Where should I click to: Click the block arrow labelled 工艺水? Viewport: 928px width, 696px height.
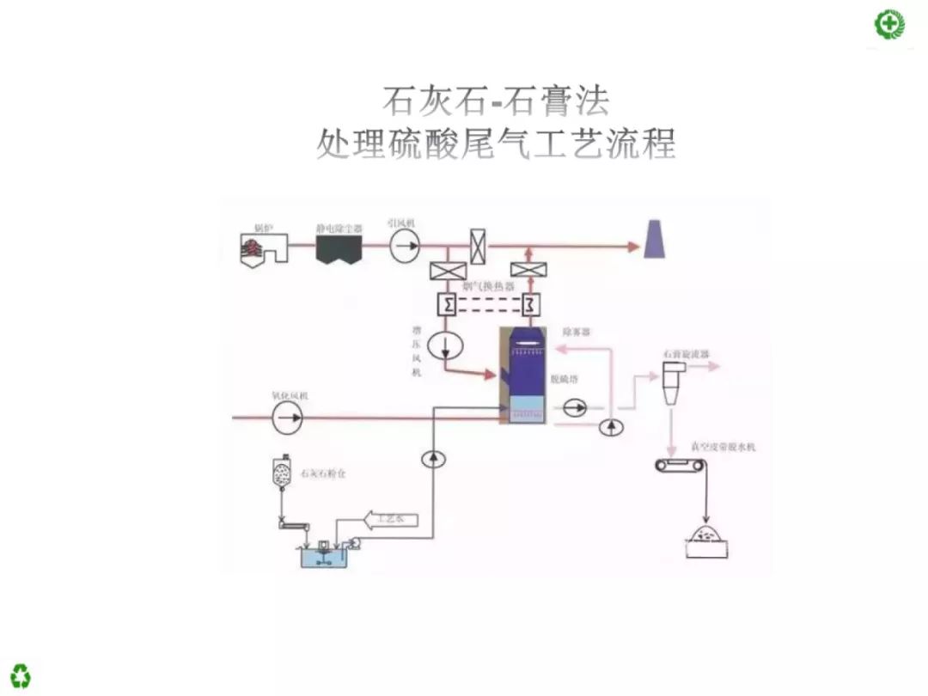point(392,519)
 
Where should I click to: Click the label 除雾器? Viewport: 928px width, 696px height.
point(577,331)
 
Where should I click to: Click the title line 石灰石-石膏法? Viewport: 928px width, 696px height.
point(496,101)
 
